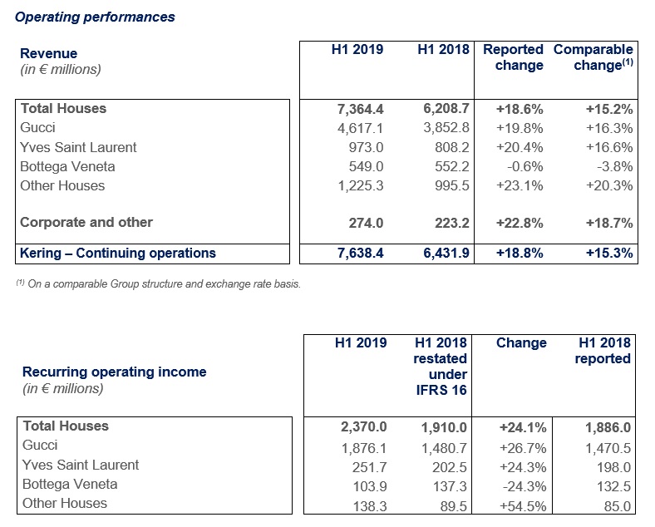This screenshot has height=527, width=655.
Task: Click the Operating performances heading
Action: tap(95, 17)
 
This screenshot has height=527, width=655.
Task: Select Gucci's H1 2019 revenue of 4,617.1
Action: tap(360, 128)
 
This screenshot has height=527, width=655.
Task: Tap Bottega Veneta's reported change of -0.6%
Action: tap(525, 166)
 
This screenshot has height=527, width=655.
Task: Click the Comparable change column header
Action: tap(593, 57)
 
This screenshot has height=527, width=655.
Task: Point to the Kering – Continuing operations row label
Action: tap(118, 253)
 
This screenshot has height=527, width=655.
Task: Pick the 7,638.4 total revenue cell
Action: tap(360, 253)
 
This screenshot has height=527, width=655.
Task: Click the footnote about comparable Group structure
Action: tap(158, 284)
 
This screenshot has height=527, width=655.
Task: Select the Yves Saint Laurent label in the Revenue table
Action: tap(78, 147)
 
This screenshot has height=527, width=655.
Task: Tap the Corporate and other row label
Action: tap(86, 222)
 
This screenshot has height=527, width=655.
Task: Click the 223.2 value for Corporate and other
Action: tap(452, 223)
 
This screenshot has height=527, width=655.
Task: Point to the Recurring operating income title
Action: tap(115, 372)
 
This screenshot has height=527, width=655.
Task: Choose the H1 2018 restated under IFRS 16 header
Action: tap(440, 367)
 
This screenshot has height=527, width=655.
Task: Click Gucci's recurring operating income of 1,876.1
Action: tap(364, 449)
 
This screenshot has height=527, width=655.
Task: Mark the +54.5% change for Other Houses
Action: tap(523, 506)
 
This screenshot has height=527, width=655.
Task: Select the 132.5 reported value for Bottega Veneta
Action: tap(613, 487)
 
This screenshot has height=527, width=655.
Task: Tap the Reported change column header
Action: tap(513, 57)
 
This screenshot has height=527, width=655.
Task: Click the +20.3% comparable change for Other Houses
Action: tap(609, 186)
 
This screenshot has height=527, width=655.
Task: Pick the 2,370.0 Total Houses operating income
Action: tap(364, 427)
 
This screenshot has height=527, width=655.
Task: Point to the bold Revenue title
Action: tap(48, 53)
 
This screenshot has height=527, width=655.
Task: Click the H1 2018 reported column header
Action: tap(603, 351)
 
